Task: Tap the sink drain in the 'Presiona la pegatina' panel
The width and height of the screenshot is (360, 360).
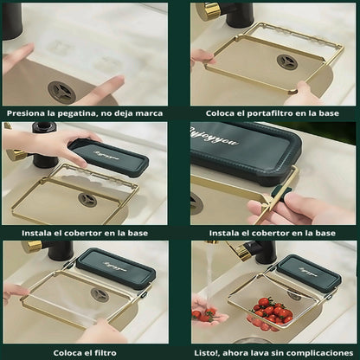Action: coord(61,92)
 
